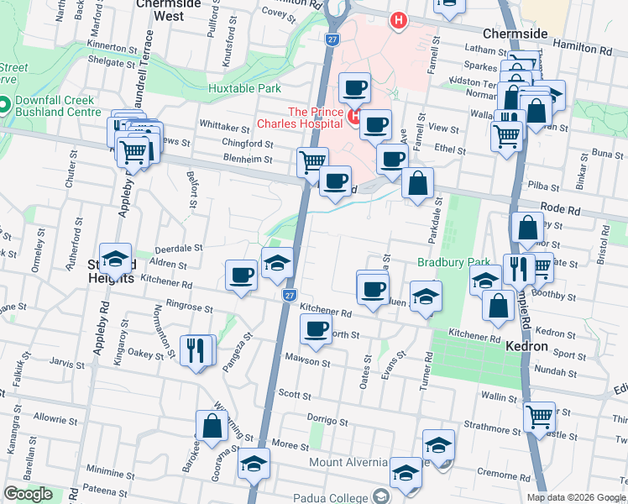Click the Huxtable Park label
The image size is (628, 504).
click(x=245, y=87)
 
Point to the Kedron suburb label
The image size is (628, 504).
click(x=527, y=346)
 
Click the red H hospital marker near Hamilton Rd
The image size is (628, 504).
click(x=398, y=20)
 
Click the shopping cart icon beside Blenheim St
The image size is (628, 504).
click(x=312, y=160)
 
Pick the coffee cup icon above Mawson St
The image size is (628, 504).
click(x=316, y=330)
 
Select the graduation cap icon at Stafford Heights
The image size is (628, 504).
click(x=115, y=259)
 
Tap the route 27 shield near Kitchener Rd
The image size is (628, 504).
click(x=289, y=296)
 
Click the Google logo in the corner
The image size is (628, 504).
click(x=28, y=494)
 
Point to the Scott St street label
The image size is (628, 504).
click(x=295, y=393)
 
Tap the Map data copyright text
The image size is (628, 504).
click(x=576, y=497)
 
